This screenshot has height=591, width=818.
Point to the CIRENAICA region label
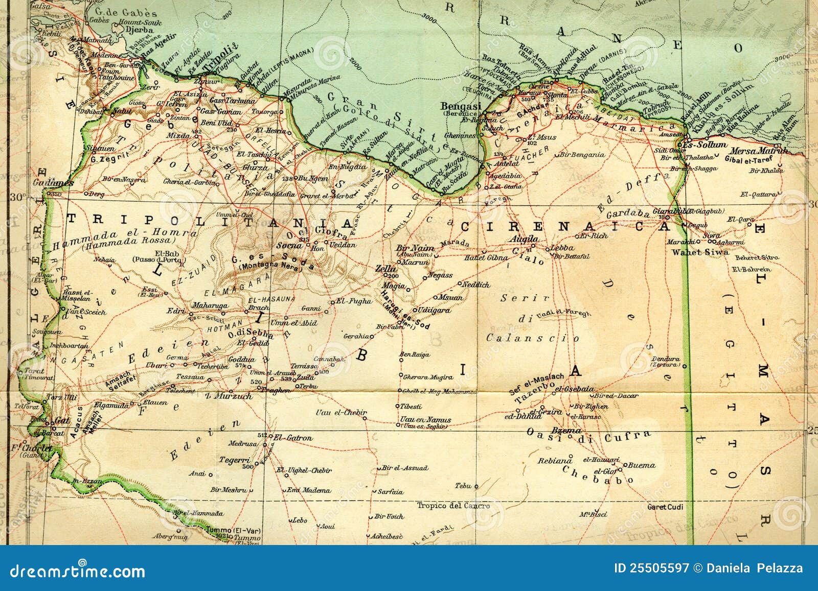[x=565, y=226]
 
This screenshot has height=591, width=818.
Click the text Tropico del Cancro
[x=453, y=506]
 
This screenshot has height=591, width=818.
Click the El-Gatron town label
[x=293, y=438]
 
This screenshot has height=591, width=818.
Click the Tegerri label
[x=234, y=460]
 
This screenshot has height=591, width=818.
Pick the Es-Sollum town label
[x=708, y=145]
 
